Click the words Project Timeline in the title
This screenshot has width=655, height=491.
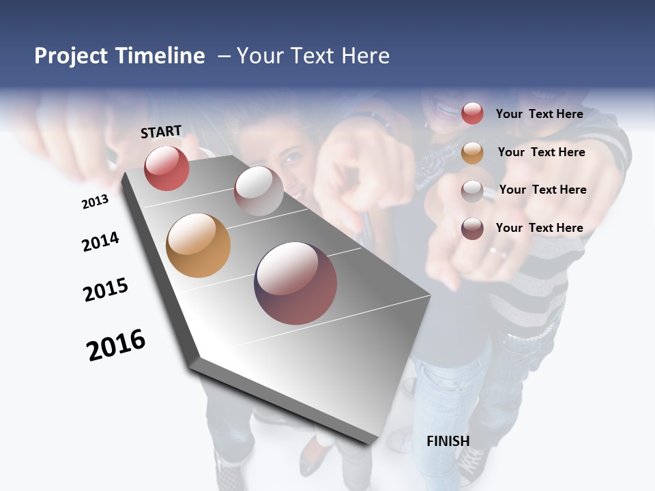pyautogui.click(x=119, y=56)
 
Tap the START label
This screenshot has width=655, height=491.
pyautogui.click(x=161, y=132)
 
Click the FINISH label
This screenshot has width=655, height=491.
pyautogui.click(x=448, y=441)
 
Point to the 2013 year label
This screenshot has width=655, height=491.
pyautogui.click(x=95, y=202)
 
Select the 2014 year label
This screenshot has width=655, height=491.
pyautogui.click(x=100, y=241)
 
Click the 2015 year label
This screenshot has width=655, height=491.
pyautogui.click(x=106, y=290)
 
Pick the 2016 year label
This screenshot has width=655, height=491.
pyautogui.click(x=116, y=345)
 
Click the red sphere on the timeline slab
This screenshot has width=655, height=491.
pyautogui.click(x=166, y=168)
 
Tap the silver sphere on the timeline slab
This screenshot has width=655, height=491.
pyautogui.click(x=259, y=191)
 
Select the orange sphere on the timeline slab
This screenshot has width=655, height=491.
pyautogui.click(x=198, y=245)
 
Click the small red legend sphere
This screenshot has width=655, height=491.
pyautogui.click(x=472, y=113)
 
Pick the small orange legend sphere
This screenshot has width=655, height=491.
pyautogui.click(x=472, y=153)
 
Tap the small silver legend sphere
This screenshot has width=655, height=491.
pyautogui.click(x=472, y=190)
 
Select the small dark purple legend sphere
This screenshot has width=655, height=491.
pyautogui.click(x=472, y=228)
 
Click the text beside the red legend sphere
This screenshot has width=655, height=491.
pyautogui.click(x=539, y=114)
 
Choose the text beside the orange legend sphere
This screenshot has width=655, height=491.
pyautogui.click(x=541, y=152)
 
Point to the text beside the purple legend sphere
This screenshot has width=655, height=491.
pyautogui.click(x=539, y=228)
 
